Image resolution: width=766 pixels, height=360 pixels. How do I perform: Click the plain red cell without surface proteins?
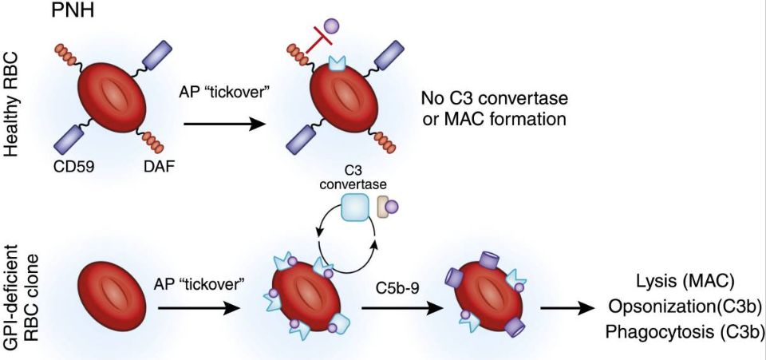coord(111,296)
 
